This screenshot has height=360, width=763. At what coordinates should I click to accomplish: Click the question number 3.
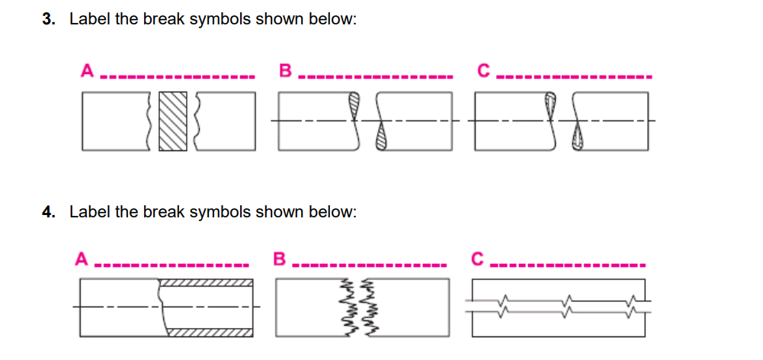coord(48,20)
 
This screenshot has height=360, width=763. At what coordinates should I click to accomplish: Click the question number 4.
coord(48,212)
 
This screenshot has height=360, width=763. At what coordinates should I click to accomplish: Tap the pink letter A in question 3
coord(87,72)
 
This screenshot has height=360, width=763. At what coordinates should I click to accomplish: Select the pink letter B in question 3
coord(285,72)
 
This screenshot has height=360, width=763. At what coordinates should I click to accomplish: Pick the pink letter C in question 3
coord(482,72)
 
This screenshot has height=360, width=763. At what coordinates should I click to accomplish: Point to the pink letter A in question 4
coord(80,259)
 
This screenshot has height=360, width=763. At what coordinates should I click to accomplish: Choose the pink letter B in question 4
coord(279,259)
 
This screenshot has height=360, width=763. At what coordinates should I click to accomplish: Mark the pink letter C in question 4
coord(476,259)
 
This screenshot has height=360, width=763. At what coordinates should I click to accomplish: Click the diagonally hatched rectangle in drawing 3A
coord(172,121)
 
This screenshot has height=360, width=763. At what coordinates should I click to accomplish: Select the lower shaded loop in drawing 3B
coord(382,139)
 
